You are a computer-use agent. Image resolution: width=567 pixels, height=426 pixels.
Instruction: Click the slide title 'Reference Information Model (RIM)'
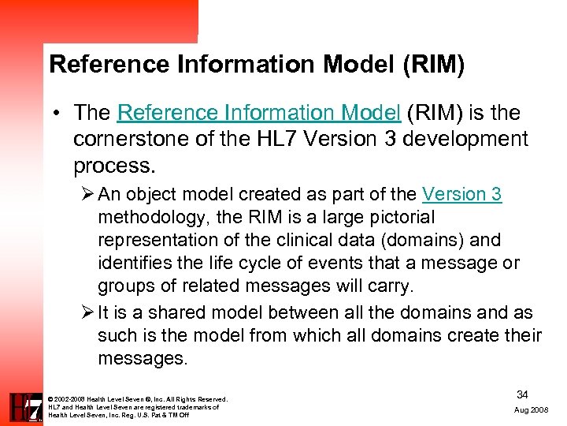(x=257, y=64)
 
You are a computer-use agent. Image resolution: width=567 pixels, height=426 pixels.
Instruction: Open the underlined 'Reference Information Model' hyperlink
(x=259, y=113)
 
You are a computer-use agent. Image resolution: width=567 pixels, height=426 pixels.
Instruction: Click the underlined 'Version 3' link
(x=461, y=194)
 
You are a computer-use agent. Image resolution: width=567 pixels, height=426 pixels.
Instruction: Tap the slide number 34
(x=522, y=393)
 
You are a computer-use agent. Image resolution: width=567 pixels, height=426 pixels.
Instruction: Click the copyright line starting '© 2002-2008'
(x=138, y=399)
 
